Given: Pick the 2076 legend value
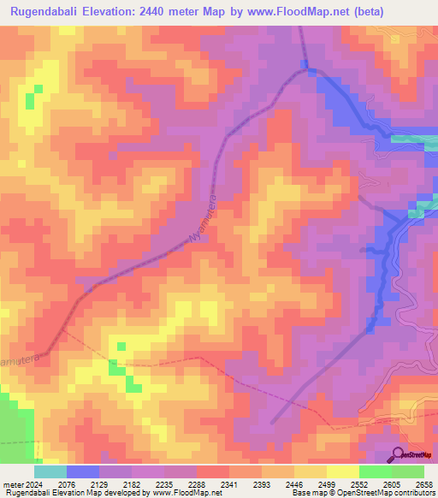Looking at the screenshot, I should pos(67,483).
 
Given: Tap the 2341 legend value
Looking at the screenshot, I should pos(229,483).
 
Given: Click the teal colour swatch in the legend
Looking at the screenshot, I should pos(50,471).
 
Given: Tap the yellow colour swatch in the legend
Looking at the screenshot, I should pos(342,471).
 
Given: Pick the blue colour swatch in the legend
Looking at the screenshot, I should pos(83,471).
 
